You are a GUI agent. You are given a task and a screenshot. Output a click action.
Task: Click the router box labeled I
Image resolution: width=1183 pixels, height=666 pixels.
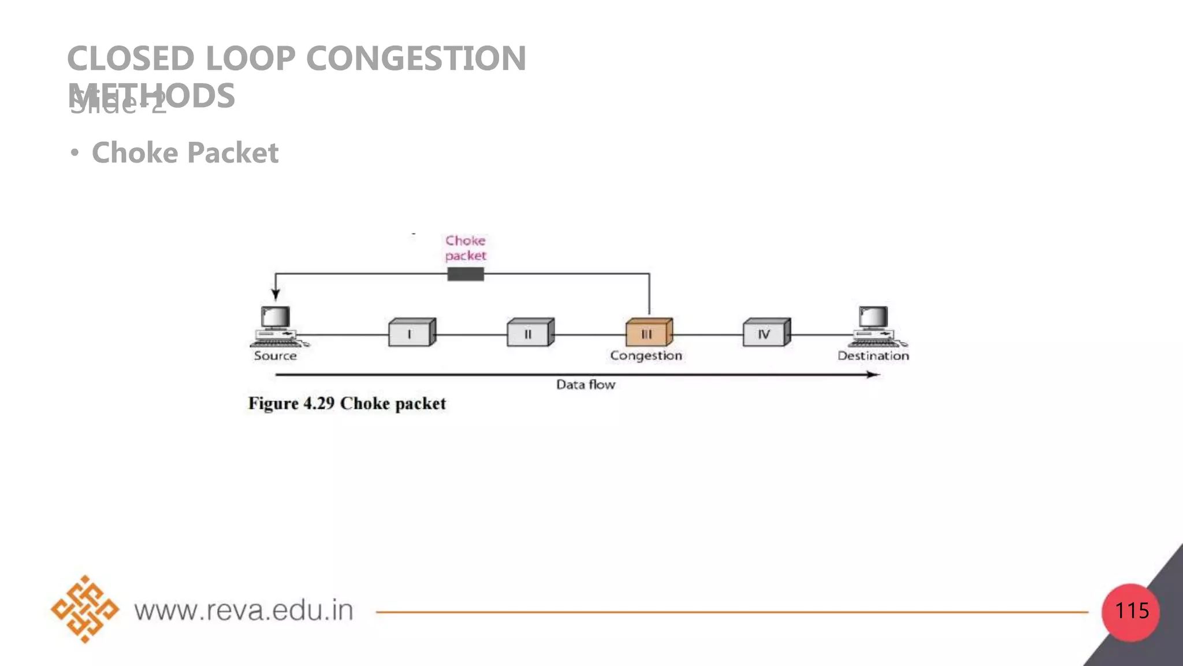(x=411, y=333)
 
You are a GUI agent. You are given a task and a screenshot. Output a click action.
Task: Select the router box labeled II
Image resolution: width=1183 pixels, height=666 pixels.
(x=530, y=333)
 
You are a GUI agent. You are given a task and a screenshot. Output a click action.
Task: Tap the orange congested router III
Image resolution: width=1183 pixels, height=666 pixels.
(x=648, y=333)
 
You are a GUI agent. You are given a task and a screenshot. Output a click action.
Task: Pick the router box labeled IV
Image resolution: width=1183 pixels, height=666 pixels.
(x=766, y=333)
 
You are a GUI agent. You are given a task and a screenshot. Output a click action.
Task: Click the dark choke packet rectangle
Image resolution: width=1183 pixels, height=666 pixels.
(x=466, y=274)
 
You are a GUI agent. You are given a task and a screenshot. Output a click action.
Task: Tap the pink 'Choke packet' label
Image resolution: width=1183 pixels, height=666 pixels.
(x=466, y=248)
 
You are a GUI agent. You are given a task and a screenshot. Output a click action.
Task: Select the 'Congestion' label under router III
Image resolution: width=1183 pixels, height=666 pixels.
(x=646, y=356)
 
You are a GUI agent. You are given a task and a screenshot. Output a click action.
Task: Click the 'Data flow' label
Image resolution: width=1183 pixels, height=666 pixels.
(x=586, y=385)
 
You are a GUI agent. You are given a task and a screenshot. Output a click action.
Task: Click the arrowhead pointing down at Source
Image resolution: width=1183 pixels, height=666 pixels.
(x=276, y=295)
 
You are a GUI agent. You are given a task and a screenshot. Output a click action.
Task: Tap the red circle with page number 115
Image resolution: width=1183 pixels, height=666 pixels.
(x=1131, y=612)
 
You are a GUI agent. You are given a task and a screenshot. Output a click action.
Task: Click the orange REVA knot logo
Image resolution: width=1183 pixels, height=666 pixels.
(x=85, y=609)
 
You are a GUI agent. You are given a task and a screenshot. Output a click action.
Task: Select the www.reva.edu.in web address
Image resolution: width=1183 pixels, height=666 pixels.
(x=244, y=610)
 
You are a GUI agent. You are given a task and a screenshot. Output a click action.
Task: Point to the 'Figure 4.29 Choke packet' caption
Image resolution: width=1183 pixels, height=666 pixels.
(x=347, y=404)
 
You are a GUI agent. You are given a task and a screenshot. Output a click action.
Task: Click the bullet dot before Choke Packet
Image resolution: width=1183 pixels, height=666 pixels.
(x=74, y=153)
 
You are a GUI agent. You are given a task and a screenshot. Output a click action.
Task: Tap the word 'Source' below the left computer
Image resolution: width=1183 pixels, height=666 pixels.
(x=276, y=356)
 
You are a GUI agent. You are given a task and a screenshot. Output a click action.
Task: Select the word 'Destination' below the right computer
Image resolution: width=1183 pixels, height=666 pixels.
(x=873, y=356)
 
